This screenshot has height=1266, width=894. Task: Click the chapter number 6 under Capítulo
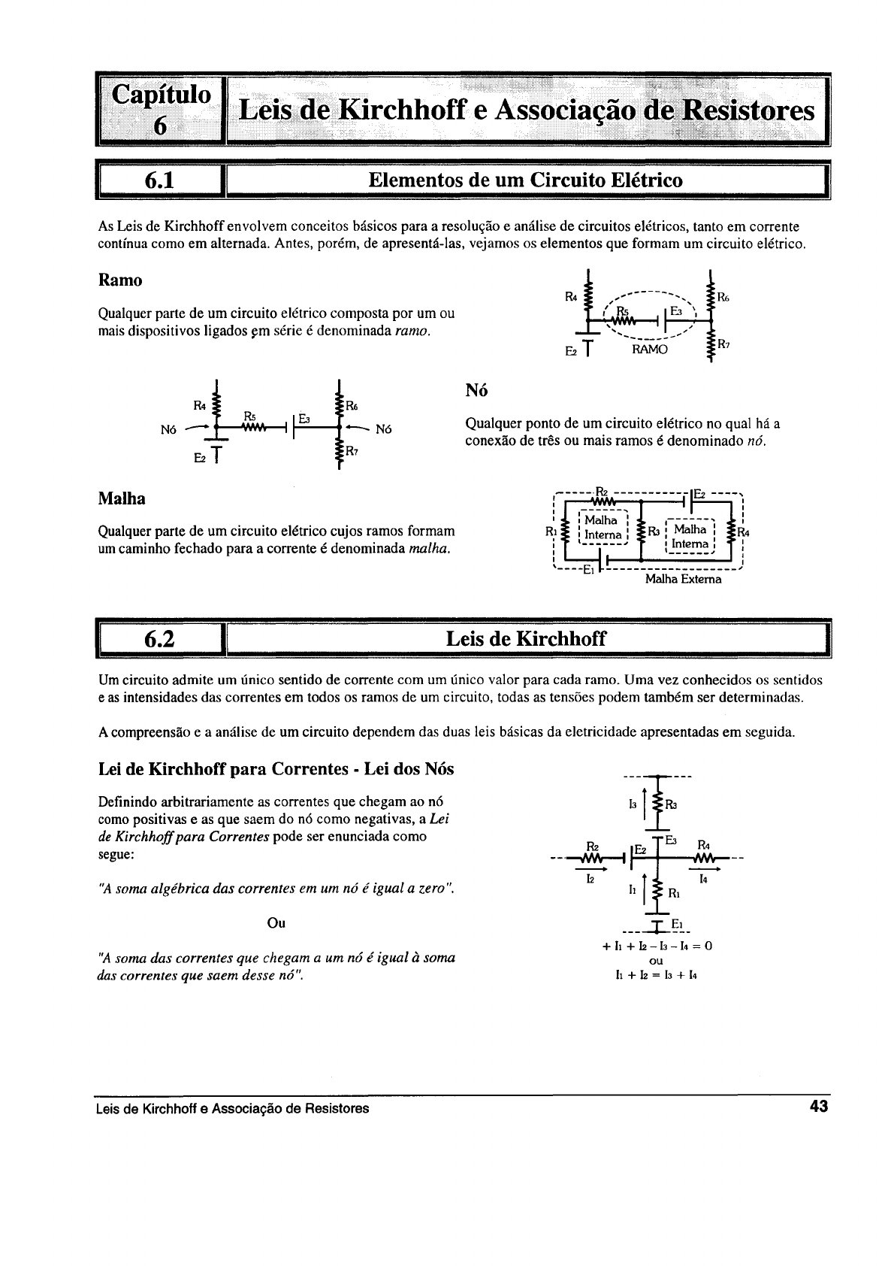tap(159, 126)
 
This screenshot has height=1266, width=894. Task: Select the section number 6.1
tap(159, 180)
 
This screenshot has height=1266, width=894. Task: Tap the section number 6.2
tap(159, 639)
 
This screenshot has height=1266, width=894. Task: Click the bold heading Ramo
tap(120, 280)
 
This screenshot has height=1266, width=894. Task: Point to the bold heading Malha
tap(122, 499)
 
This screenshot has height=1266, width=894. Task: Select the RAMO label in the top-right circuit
tap(649, 350)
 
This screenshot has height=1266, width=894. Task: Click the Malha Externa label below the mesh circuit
tap(683, 580)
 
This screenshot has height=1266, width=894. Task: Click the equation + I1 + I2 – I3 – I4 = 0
tap(657, 946)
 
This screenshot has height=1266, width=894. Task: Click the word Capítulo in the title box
tap(161, 95)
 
